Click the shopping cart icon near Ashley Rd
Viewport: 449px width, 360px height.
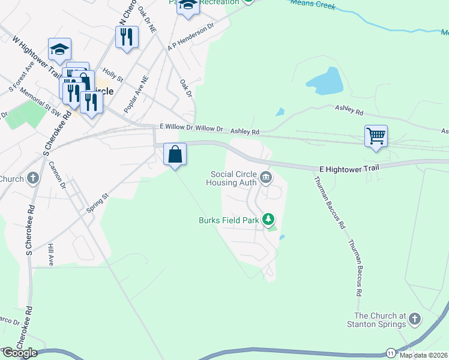376,136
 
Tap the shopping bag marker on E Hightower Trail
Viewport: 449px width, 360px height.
175,154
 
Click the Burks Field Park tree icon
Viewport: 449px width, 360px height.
270,220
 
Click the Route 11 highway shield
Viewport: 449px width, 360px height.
391,352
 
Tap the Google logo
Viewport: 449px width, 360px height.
19,353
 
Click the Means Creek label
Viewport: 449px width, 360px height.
312,5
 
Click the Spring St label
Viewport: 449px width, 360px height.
96,197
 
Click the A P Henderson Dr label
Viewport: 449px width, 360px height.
191,37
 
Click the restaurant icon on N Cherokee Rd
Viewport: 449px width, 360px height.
127,37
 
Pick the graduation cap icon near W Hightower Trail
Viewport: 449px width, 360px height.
59,50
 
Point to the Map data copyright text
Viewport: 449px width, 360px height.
424,355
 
